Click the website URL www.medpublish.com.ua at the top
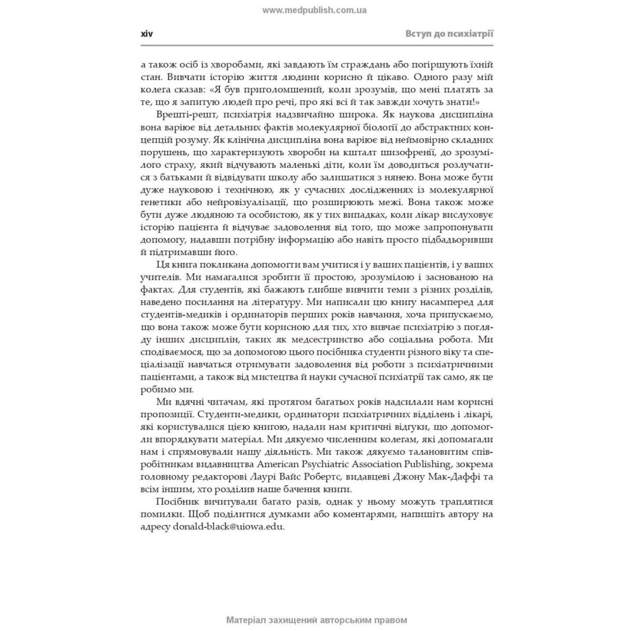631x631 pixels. pyautogui.click(x=315, y=10)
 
